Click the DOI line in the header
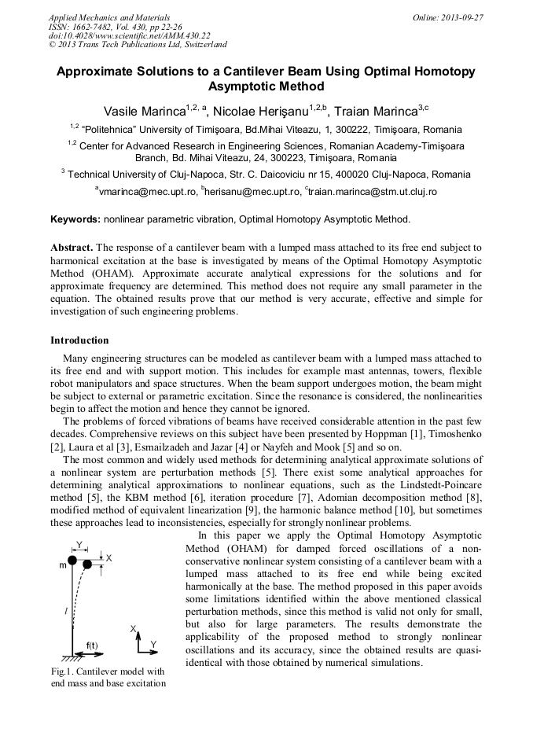point(129,35)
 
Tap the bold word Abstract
point(72,247)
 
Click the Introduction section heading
point(79,340)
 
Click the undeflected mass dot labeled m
point(72,560)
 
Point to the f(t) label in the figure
point(92,645)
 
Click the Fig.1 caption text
point(107,677)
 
